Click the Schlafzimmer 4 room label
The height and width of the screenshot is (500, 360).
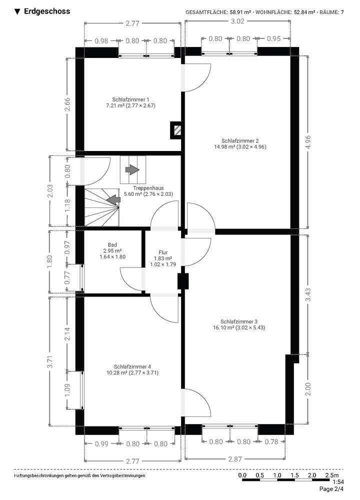(x=132, y=366)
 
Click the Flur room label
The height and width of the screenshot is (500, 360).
(x=163, y=252)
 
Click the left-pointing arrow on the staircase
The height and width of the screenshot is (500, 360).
(x=114, y=199)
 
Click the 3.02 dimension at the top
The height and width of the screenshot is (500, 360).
(x=237, y=21)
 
